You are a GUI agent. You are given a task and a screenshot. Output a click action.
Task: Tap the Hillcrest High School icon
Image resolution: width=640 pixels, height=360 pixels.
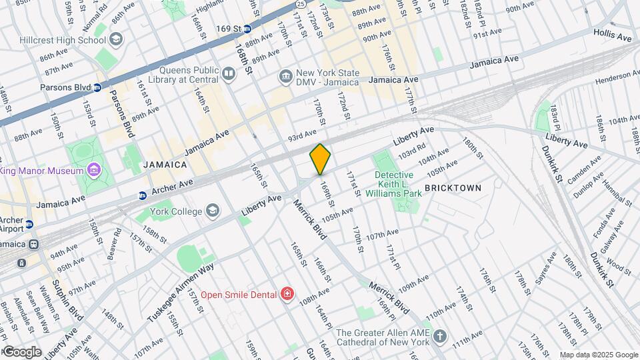pyautogui.click(x=117, y=39)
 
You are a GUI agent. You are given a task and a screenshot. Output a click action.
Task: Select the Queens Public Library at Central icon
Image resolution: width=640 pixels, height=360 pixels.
pyautogui.click(x=229, y=74)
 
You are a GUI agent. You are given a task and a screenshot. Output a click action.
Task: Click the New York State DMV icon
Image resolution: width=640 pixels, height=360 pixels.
pyautogui.click(x=286, y=77)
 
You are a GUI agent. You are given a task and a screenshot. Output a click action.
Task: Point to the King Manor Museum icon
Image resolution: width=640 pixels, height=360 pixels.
pyautogui.click(x=93, y=171)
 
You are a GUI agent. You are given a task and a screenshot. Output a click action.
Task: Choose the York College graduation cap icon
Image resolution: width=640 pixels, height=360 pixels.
pyautogui.click(x=212, y=211)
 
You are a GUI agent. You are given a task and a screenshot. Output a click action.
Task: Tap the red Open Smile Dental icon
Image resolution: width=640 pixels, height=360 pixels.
pyautogui.click(x=287, y=294)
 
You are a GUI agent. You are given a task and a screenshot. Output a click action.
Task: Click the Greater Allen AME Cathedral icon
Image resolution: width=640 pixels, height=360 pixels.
pyautogui.click(x=439, y=335)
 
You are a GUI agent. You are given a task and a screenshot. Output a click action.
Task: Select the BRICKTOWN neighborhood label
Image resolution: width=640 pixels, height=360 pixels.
pyautogui.click(x=453, y=189)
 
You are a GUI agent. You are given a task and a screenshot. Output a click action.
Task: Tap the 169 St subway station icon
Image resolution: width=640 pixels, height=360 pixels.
pyautogui.click(x=247, y=29)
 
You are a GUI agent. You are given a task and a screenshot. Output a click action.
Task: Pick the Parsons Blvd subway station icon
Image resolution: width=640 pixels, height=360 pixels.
pyautogui.click(x=97, y=87)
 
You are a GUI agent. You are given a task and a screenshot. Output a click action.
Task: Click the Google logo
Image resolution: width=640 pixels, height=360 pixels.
pyautogui.click(x=21, y=352)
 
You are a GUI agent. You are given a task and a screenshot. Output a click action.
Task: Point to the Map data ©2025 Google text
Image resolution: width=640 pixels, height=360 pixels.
pyautogui.click(x=599, y=355)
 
